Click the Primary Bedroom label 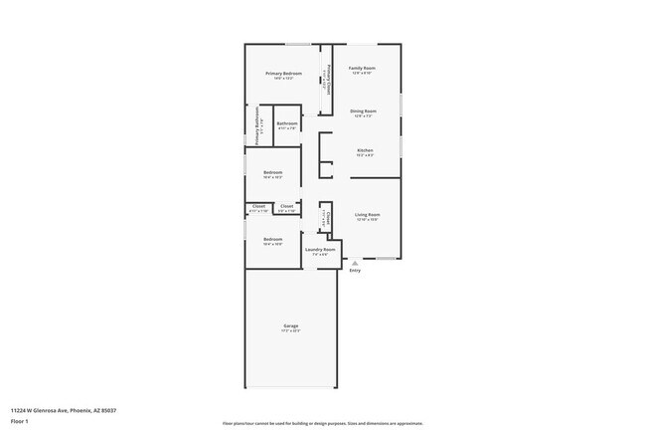tap(283, 74)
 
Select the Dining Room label tap(363, 110)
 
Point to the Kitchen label tap(365, 150)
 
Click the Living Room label tap(368, 214)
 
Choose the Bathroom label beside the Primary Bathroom tap(287, 123)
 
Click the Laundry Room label tap(320, 249)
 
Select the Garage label tap(291, 325)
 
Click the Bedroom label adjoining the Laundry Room tap(273, 239)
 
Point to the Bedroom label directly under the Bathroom tap(273, 172)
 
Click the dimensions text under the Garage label tap(291, 330)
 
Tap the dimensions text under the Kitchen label tap(365, 155)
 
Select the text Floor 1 tap(20, 421)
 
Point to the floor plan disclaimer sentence tap(323, 423)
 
